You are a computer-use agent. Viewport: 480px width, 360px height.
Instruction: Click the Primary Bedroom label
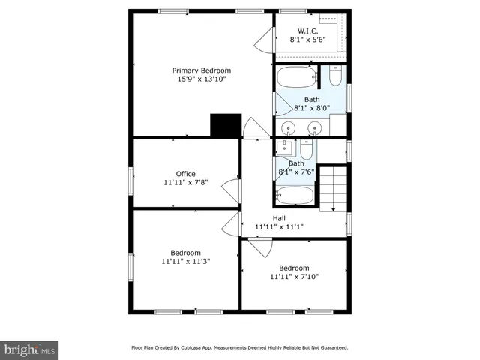click(x=201, y=70)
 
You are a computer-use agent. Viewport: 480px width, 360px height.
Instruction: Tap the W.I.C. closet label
click(x=308, y=31)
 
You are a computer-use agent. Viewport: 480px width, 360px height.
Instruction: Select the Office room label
click(x=185, y=174)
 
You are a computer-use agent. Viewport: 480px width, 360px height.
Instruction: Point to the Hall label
click(x=279, y=217)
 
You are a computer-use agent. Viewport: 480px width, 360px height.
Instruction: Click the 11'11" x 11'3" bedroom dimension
click(x=185, y=262)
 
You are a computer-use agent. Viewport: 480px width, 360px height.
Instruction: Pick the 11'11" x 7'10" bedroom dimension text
click(x=294, y=277)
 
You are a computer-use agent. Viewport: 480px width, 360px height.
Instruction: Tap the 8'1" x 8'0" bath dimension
click(x=312, y=108)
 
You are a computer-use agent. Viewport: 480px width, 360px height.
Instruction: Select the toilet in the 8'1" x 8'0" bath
click(x=335, y=76)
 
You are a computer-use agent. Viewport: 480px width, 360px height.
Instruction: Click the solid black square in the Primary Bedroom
click(x=225, y=124)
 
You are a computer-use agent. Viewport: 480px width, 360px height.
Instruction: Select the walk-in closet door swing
click(x=266, y=41)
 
